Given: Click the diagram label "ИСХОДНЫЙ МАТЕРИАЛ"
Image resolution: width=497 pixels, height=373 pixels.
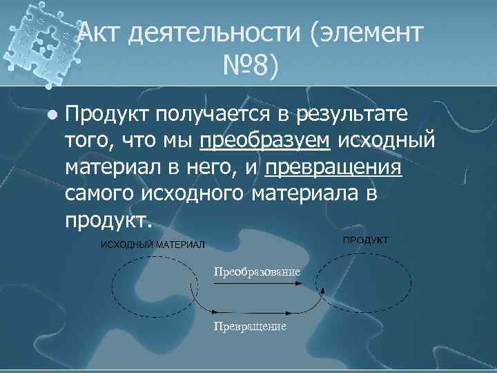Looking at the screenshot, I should tap(153, 245).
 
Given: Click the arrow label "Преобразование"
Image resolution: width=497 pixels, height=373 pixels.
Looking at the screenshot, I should tap(257, 271).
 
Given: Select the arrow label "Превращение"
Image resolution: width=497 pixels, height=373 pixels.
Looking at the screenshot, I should tap(249, 326).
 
